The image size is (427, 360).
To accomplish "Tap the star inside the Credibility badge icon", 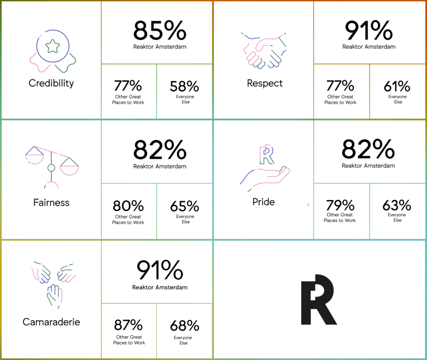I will [x=53, y=46].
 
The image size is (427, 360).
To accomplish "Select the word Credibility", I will [x=51, y=83].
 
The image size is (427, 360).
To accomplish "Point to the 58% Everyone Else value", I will [x=184, y=86].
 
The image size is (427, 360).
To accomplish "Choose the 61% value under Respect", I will [x=397, y=86].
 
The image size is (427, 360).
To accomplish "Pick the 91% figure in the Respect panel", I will [x=369, y=30].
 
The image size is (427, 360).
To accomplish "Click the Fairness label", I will [x=51, y=203].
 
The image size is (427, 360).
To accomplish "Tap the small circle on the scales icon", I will [x=51, y=168].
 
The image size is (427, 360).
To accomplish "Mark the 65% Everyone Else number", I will [x=184, y=206].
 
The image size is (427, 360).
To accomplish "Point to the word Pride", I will [x=264, y=202].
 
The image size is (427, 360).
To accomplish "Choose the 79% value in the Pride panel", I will [x=340, y=205].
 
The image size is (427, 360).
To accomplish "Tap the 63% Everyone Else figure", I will [x=397, y=205].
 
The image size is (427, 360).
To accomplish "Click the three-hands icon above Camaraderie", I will [x=53, y=282].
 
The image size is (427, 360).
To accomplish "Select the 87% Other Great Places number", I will [x=128, y=325].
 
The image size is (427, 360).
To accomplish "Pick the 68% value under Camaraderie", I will [x=184, y=325].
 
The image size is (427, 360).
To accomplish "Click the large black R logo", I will [x=318, y=300].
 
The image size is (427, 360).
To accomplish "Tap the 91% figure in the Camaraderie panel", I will [x=160, y=271].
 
